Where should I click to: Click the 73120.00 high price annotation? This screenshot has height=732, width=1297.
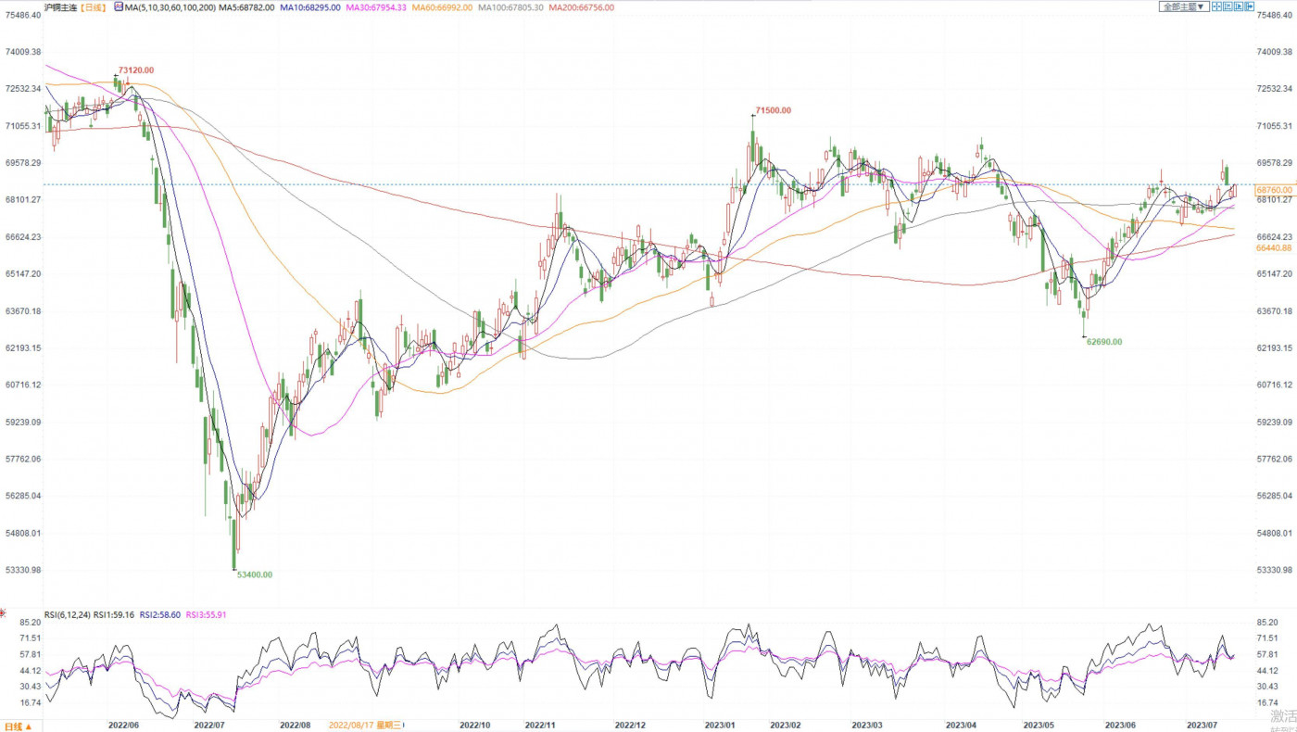tap(136, 70)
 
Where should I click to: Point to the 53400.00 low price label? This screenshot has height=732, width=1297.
tap(255, 574)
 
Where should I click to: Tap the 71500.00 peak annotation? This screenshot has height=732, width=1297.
tap(774, 110)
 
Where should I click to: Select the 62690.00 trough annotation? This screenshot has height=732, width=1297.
tap(1103, 342)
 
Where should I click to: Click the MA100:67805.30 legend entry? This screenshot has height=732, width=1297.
tap(510, 7)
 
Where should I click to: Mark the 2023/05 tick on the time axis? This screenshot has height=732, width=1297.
tap(1039, 725)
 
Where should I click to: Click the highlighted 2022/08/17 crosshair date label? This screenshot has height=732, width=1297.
tap(365, 725)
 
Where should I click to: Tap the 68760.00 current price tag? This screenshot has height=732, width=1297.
tap(1275, 190)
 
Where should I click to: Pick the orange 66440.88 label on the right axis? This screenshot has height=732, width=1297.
tap(1275, 248)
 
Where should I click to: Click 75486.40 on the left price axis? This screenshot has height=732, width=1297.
tap(22, 15)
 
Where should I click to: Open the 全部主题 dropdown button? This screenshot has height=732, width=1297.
tap(1184, 6)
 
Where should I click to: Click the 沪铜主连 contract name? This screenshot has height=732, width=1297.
tap(60, 7)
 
